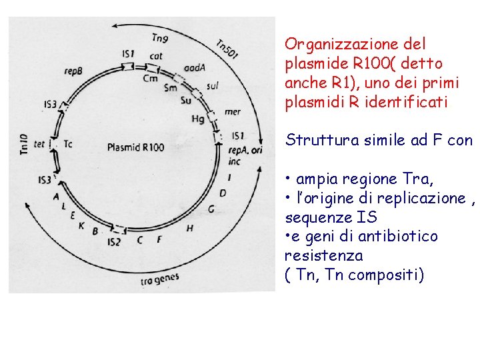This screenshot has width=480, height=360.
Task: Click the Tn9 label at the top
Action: (x=160, y=38)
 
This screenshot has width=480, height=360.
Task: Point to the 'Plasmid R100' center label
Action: (x=135, y=147)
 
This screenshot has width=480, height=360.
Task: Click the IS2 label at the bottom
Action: (x=113, y=241)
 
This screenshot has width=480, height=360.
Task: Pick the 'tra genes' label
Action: (x=160, y=279)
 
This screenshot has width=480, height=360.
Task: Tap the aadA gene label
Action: (x=194, y=68)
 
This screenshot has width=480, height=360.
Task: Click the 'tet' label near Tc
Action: (x=40, y=144)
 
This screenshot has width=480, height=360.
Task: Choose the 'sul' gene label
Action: (x=213, y=85)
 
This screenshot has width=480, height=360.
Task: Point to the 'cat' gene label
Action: (x=156, y=57)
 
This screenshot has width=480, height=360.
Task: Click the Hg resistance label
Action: (x=198, y=119)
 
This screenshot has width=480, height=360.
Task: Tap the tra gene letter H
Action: (x=190, y=228)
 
